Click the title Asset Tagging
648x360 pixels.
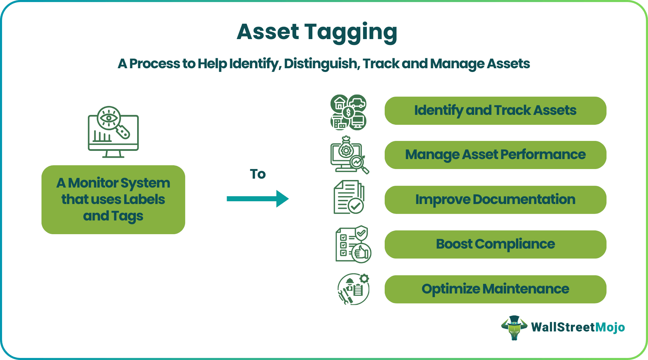[317, 32]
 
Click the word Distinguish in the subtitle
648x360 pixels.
[320, 64]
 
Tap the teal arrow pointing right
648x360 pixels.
[257, 199]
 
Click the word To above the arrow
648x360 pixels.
[257, 174]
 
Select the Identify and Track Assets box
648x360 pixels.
[495, 111]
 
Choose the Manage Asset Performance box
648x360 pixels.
[495, 155]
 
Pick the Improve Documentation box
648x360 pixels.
[495, 200]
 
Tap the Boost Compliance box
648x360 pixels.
[495, 244]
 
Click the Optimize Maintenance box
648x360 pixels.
[495, 289]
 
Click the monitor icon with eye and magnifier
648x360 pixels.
[113, 132]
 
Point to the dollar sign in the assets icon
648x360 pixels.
[348, 112]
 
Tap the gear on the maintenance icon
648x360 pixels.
[364, 278]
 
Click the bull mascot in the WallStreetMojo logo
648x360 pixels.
[514, 328]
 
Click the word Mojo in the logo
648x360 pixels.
[610, 327]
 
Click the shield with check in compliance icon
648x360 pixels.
[361, 233]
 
